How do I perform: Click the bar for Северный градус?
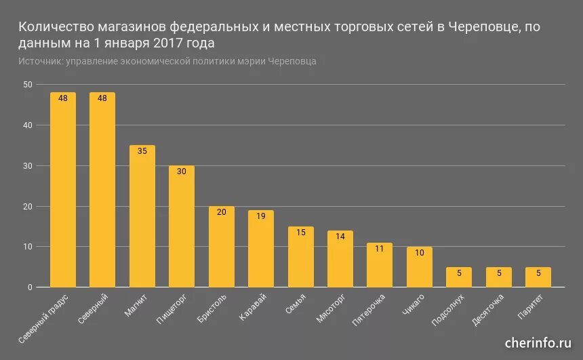62,190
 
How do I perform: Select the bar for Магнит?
142,216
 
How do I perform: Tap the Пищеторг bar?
182,226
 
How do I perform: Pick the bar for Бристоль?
221,247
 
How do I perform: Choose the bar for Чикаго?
420,267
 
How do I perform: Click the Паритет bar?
538,277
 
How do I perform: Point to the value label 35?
142,151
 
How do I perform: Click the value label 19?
261,216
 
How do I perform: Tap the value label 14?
340,236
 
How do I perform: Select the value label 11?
380,248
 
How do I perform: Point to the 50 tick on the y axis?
27,85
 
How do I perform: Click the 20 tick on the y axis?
27,207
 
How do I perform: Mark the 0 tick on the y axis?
30,287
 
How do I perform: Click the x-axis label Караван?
254,307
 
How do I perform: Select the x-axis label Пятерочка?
369,310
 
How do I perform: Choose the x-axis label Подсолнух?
448,311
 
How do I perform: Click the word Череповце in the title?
485,28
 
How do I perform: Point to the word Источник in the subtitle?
39,61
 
